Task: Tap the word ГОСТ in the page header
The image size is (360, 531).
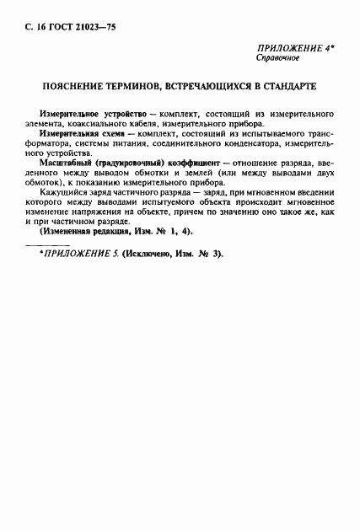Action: [x=51, y=28]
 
